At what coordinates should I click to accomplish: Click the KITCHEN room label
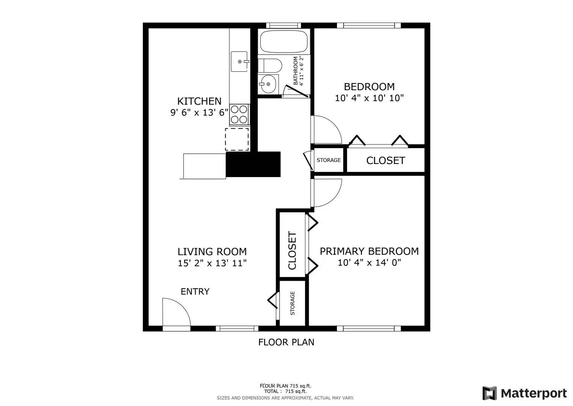(199, 101)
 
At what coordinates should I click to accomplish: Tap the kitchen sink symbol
(239, 62)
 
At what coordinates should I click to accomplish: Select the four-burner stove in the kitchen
(239, 114)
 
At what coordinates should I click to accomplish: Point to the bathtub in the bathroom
(284, 42)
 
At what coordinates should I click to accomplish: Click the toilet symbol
(270, 65)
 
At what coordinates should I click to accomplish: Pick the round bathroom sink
(268, 84)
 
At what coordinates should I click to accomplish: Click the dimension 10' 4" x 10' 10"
(369, 98)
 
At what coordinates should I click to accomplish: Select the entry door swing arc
(177, 312)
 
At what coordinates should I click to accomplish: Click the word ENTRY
(195, 292)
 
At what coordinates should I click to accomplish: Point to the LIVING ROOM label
(212, 251)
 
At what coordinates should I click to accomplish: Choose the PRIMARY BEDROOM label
(369, 251)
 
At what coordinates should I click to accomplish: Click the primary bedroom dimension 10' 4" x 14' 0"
(369, 262)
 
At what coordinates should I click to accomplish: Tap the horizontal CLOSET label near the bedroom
(385, 161)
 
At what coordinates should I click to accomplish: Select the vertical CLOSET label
(292, 250)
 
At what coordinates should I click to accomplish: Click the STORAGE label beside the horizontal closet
(329, 160)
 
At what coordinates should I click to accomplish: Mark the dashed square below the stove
(237, 139)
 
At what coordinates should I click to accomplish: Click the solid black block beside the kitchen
(253, 164)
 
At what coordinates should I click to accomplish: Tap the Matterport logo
(525, 393)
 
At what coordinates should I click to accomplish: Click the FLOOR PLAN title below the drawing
(286, 342)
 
